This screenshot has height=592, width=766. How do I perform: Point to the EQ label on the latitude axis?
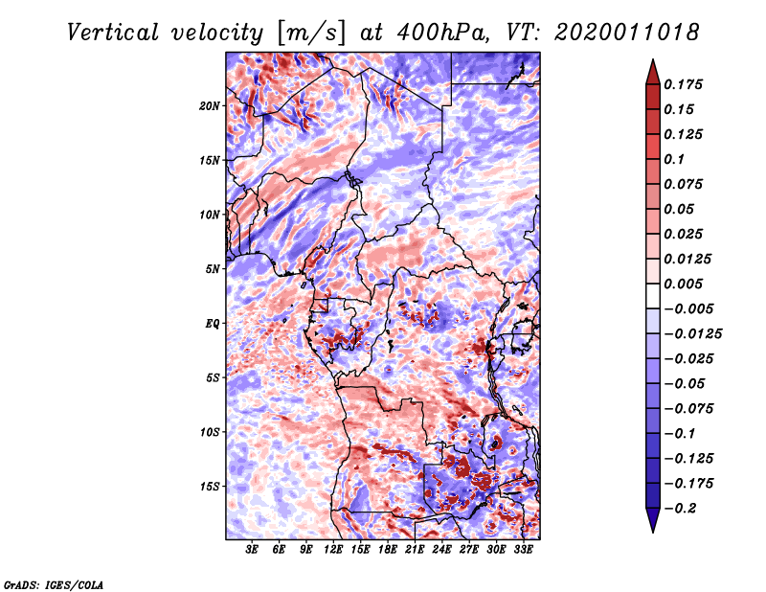click(213, 324)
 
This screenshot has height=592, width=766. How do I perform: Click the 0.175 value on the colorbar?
click(685, 84)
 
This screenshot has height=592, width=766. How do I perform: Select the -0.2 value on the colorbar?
click(684, 508)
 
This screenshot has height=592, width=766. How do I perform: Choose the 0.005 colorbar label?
click(685, 284)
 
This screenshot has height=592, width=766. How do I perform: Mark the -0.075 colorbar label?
click(688, 408)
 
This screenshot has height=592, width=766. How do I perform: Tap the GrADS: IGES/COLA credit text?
click(54, 583)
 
